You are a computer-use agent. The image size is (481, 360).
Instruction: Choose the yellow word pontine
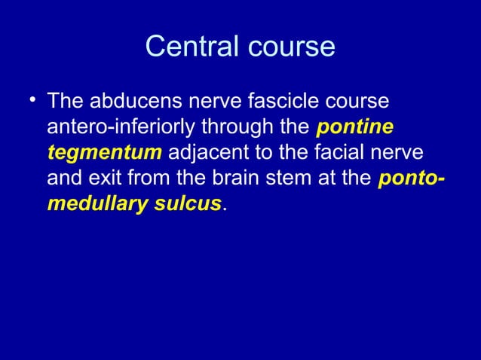(354, 127)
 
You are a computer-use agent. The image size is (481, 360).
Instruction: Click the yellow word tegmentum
(104, 154)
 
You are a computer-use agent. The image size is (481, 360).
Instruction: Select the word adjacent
(206, 154)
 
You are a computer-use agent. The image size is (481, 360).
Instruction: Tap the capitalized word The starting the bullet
(64, 101)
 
